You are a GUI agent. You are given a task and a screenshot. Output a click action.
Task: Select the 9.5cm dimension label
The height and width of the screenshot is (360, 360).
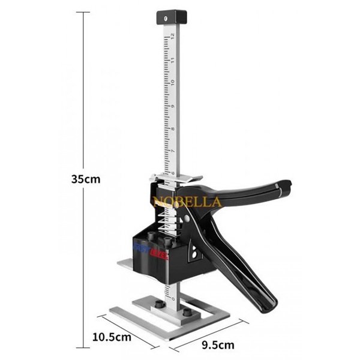(x=218, y=344)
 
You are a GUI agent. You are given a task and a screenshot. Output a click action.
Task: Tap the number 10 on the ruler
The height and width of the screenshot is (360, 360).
(x=172, y=82)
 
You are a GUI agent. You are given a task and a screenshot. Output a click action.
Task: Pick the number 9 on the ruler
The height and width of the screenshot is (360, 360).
(x=172, y=106)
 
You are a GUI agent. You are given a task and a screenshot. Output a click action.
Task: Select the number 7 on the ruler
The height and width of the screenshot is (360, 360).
(x=172, y=151)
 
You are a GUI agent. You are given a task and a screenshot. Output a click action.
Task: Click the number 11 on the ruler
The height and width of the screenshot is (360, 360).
(x=172, y=59)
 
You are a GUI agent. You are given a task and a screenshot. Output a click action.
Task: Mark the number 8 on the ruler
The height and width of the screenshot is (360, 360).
(x=172, y=128)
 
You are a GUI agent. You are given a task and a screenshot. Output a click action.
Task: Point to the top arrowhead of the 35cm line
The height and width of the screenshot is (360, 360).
(x=84, y=13)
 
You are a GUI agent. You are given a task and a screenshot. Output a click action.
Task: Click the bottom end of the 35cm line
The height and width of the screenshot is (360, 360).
(x=84, y=346)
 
